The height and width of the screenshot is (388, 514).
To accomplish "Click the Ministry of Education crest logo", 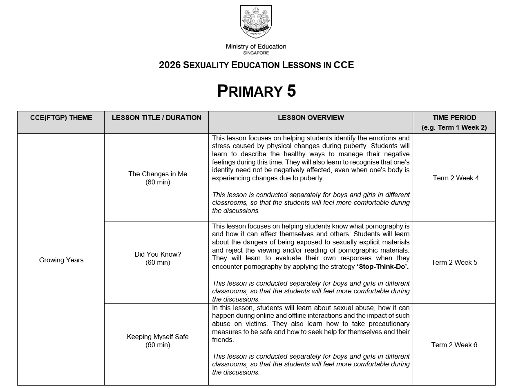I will pos(256,22).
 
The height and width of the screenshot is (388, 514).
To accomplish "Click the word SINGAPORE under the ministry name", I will pos(256,53).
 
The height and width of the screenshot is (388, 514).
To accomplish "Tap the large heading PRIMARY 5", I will pos(256,91).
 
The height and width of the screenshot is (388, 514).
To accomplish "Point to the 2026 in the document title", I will pos(170,65).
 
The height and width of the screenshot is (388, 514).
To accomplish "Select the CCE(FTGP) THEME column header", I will pos(61,118).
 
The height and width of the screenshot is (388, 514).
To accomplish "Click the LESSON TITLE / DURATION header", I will pos(156,118).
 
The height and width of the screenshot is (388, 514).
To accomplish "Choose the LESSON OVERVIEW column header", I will pos(311,118).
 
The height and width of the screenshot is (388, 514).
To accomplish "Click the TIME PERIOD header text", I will pos(454,118).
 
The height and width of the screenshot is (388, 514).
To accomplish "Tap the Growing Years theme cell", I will pos(61,260).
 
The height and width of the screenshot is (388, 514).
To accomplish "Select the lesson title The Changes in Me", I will pos(158,174).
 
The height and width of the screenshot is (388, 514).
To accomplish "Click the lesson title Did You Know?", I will pos(158,254).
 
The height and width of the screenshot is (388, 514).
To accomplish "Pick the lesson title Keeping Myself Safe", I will pos(158,337).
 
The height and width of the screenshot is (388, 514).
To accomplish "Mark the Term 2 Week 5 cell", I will pos(454,262).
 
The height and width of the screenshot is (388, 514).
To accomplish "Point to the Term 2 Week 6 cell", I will pos(454,345).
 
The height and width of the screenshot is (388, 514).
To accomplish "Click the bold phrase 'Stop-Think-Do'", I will pos(382,266).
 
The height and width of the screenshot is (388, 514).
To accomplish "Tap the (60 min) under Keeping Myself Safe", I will pos(158,345).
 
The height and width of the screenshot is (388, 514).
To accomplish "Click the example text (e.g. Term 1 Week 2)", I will pos(454,127).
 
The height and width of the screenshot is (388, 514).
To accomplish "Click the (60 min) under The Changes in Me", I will pos(158,182).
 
